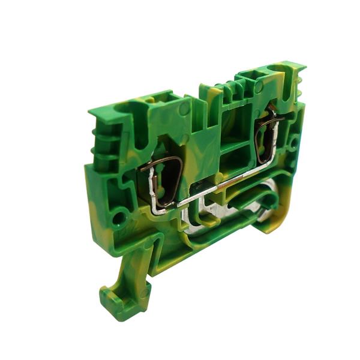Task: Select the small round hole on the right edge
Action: click(x=293, y=144)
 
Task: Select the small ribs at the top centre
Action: click(x=227, y=90)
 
